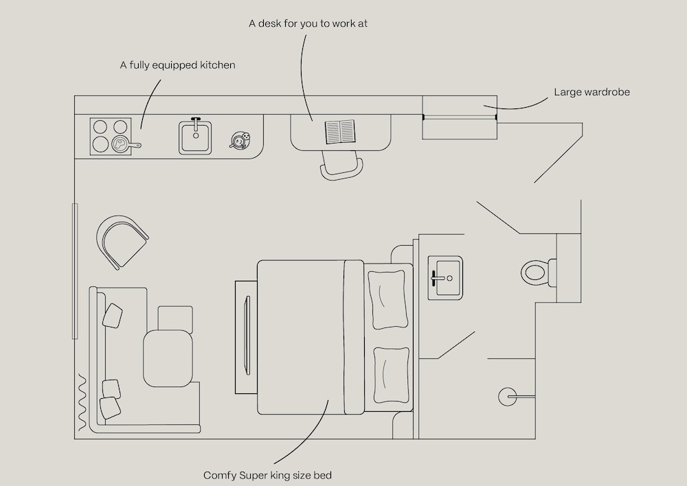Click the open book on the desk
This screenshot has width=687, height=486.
341,132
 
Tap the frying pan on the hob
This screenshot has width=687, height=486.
122,143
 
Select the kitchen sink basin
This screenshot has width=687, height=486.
195,137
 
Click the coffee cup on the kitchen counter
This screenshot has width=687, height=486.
240,140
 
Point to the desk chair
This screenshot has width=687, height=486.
341,165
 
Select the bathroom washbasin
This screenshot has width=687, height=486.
444,277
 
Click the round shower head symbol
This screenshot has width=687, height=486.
508,397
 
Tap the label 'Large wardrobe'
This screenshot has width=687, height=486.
592,92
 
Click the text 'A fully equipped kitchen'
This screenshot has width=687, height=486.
177,65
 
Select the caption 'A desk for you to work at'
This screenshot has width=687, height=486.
308,23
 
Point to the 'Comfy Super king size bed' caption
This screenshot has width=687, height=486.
267,475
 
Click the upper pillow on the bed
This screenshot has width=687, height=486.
387,299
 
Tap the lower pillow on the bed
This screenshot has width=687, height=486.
392,375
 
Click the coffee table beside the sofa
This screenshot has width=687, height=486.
168,358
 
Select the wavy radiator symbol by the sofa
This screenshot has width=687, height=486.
83,402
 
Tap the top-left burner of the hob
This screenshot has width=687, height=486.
100,127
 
